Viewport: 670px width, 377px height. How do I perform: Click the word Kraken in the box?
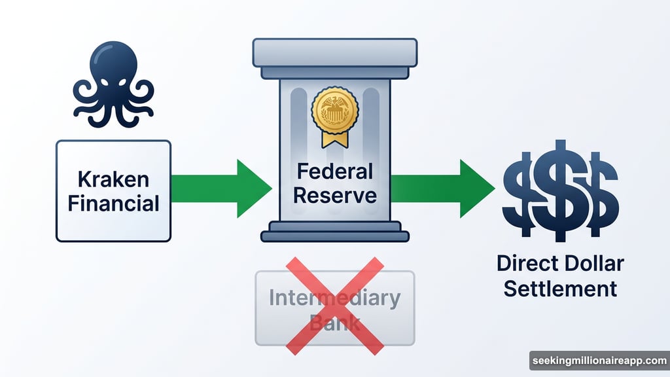pyautogui.click(x=113, y=178)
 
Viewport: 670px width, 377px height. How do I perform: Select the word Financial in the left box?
pyautogui.click(x=113, y=202)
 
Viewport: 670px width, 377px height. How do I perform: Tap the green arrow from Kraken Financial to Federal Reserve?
pyautogui.click(x=222, y=190)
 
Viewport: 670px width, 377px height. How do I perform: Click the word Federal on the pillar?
pyautogui.click(x=334, y=171)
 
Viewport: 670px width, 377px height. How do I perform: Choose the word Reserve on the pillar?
pyautogui.click(x=334, y=195)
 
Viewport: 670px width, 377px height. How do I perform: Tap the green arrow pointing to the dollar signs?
pyautogui.click(x=445, y=190)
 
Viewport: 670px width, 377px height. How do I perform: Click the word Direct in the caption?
pyautogui.click(x=523, y=264)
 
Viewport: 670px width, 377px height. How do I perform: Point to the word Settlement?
pyautogui.click(x=560, y=288)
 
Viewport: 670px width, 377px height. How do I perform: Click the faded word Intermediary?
pyautogui.click(x=334, y=298)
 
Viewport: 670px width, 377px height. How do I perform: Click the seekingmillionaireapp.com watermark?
pyautogui.click(x=599, y=361)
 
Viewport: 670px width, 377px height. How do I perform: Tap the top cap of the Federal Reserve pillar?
pyautogui.click(x=334, y=51)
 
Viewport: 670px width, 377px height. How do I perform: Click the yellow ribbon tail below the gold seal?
pyautogui.click(x=334, y=139)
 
